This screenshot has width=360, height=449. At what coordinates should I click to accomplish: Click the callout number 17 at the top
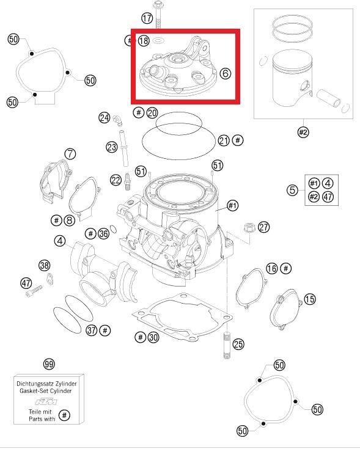coord(147,18)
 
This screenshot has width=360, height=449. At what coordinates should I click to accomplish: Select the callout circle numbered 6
coord(226,73)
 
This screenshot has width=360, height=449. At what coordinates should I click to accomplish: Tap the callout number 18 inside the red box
coord(144,41)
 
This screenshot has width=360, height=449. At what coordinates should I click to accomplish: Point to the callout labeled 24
coord(105,117)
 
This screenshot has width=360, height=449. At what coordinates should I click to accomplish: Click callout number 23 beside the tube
coord(111,147)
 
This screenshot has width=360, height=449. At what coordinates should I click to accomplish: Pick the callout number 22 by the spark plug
coord(116,179)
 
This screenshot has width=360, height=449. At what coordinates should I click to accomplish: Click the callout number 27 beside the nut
coord(263,227)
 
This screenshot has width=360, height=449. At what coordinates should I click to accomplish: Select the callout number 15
coord(310,299)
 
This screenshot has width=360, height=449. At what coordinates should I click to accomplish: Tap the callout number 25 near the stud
coord(238,345)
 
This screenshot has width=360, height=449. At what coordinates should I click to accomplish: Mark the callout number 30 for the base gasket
coord(153,337)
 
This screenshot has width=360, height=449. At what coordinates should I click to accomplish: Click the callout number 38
coord(44,265)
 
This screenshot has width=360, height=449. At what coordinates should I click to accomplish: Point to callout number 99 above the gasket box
coord(50,364)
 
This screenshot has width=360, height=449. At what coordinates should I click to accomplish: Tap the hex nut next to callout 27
coord(249,227)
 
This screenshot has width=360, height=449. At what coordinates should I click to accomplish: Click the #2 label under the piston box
coord(303,131)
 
